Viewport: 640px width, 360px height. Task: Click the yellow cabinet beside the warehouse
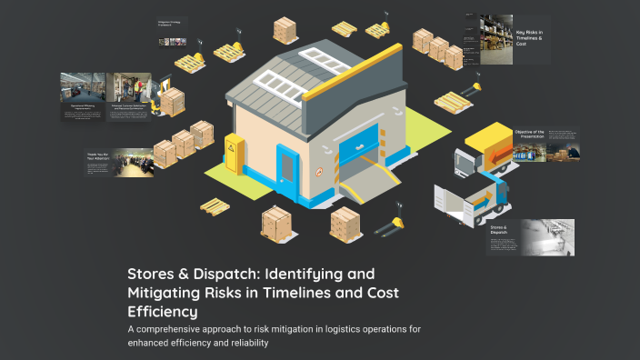coord(235,154)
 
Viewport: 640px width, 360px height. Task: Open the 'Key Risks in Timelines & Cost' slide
coord(529,39)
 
